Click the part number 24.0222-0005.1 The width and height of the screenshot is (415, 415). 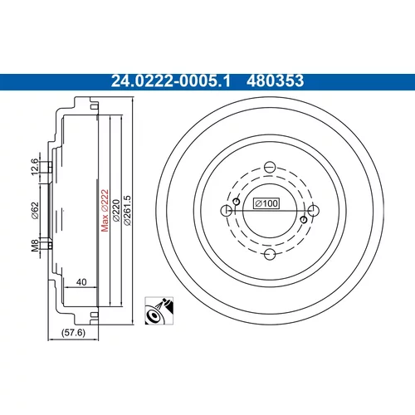(170, 81)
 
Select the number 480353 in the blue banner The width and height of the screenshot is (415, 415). (275, 81)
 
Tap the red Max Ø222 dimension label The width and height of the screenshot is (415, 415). (105, 210)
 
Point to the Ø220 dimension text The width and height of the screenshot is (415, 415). (116, 210)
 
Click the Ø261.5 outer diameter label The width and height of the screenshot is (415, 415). (127, 210)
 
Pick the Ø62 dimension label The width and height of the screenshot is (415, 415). (35, 211)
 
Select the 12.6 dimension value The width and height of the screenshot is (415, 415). (34, 167)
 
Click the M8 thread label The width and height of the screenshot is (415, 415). (35, 246)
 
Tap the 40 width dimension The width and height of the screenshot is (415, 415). (81, 282)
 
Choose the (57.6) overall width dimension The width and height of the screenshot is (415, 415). (73, 332)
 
